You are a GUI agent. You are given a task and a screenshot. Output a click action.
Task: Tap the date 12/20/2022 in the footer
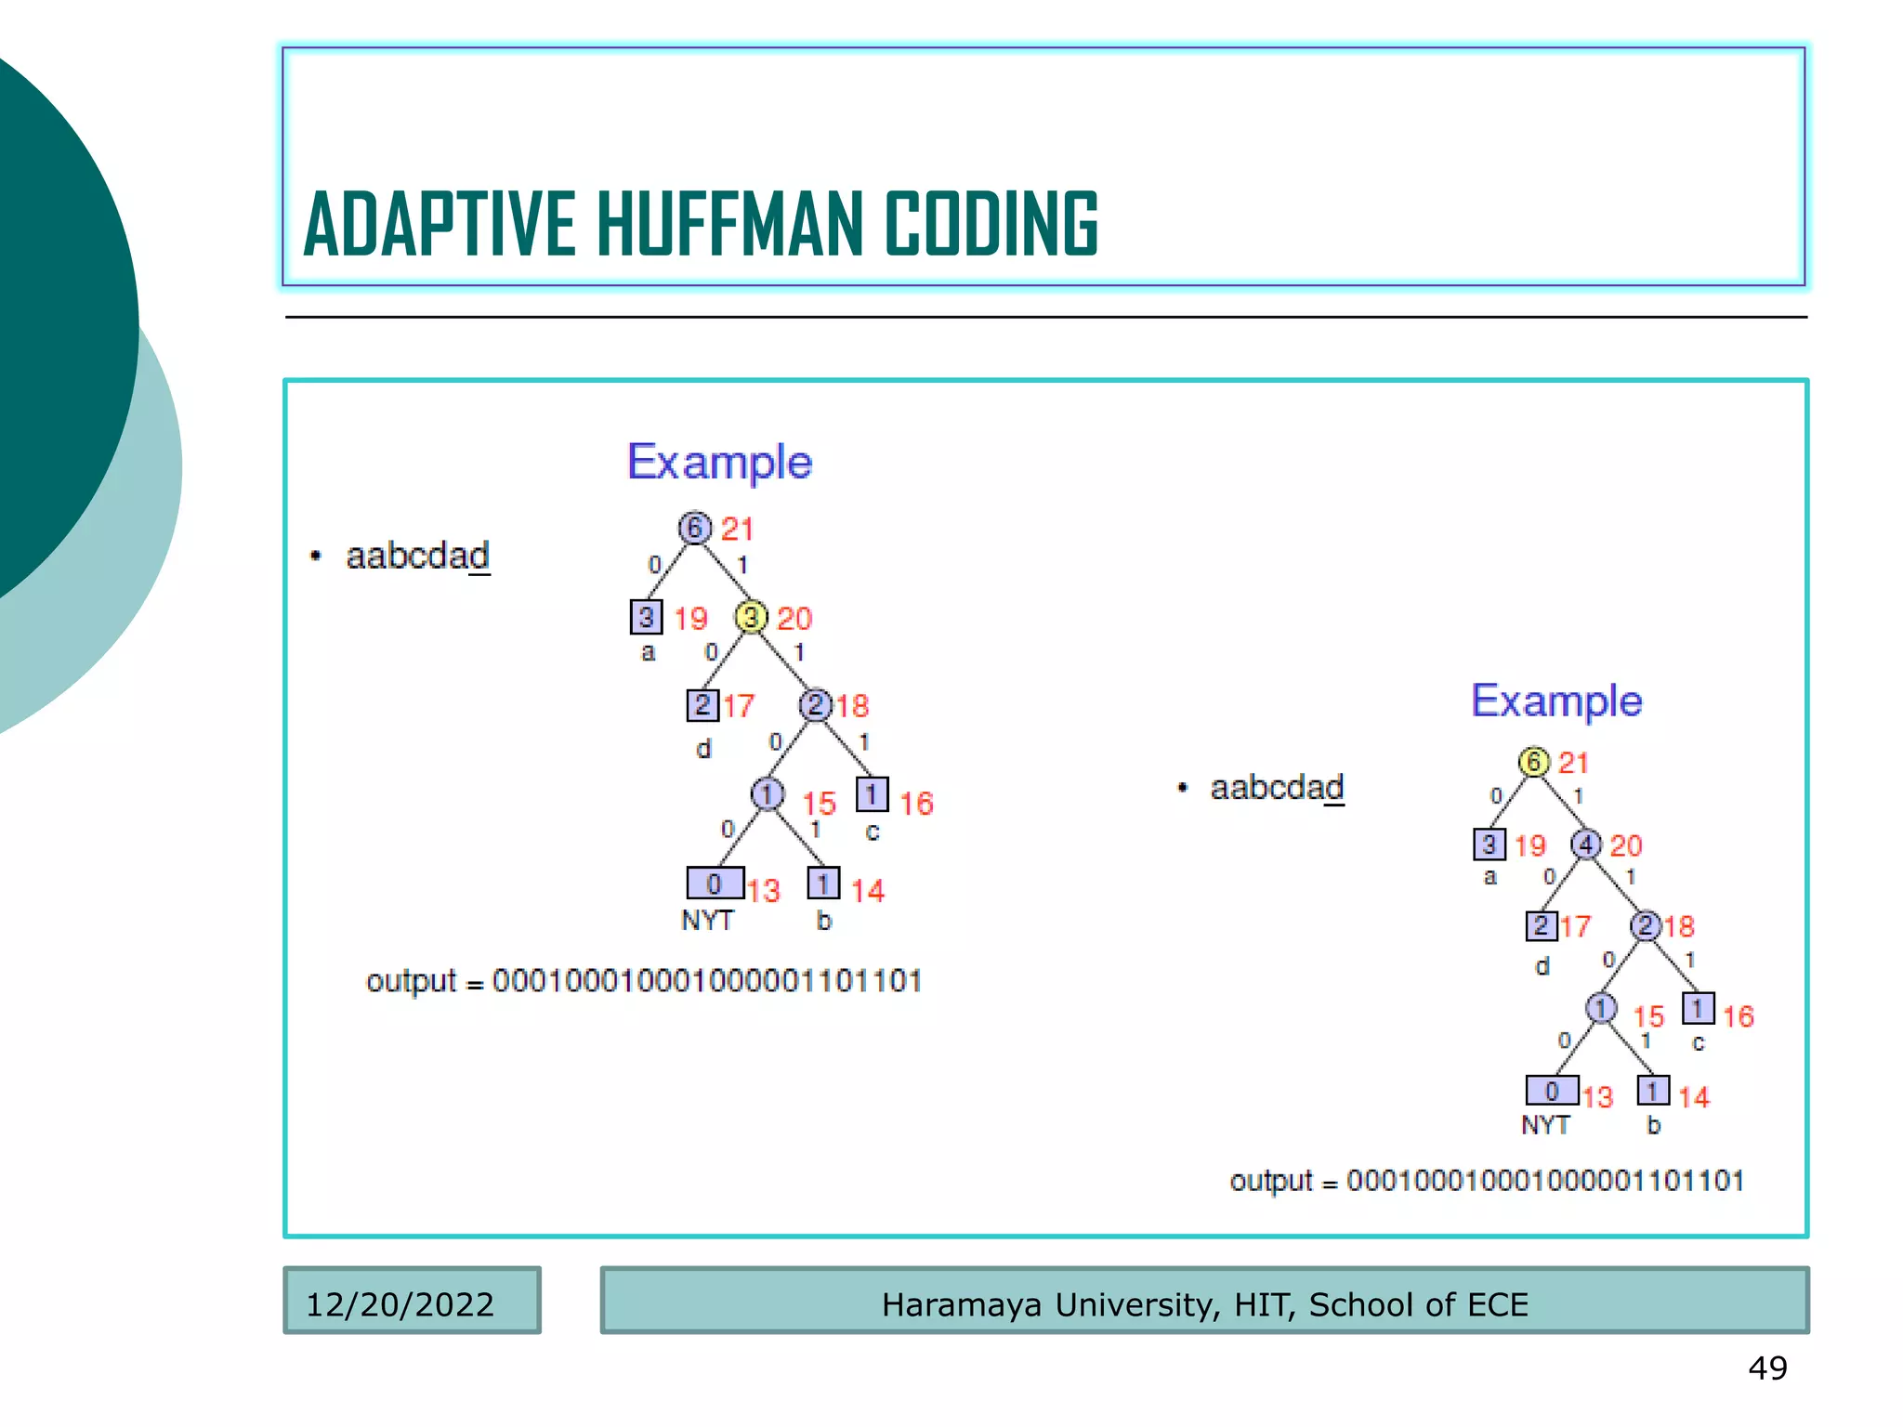tap(400, 1304)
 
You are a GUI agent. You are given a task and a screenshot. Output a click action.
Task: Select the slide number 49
tap(1767, 1368)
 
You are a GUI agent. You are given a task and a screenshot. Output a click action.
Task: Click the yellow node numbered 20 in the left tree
tap(750, 617)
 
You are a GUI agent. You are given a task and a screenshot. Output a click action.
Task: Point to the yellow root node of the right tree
tap(1534, 762)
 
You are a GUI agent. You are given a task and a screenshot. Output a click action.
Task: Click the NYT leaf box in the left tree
tap(715, 883)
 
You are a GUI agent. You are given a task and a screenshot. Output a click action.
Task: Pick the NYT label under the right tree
tap(1545, 1125)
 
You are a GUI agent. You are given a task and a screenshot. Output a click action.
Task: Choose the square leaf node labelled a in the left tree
tap(646, 617)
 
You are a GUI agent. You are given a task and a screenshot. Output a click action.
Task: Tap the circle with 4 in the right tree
tap(1586, 844)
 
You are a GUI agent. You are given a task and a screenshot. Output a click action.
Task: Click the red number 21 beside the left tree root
tap(737, 530)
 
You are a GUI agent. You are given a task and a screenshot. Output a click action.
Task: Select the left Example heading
tap(719, 463)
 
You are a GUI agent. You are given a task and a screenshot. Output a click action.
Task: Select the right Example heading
tap(1556, 701)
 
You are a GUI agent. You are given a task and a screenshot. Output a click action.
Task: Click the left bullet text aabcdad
tap(417, 556)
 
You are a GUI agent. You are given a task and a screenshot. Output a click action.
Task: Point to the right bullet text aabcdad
tap(1277, 788)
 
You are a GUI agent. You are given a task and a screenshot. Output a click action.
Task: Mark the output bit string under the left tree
tap(707, 981)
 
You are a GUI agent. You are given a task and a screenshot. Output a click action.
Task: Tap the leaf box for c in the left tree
tap(872, 794)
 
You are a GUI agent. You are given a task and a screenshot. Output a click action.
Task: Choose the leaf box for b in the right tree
tap(1653, 1091)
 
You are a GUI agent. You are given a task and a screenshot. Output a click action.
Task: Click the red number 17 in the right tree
tap(1575, 926)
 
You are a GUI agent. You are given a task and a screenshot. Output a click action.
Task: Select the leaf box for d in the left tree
tap(702, 705)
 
